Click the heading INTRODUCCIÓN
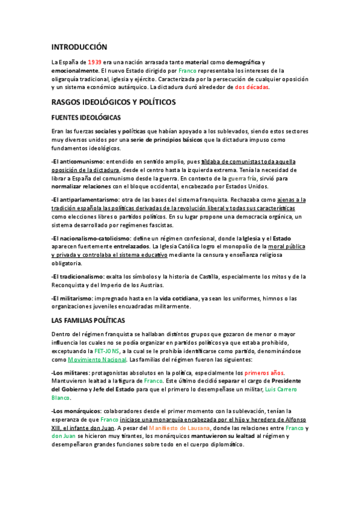[x=79, y=47]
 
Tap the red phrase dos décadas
[x=252, y=87]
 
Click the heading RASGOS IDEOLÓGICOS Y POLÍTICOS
[x=114, y=102]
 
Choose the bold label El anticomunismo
[x=78, y=162]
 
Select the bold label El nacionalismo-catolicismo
[x=95, y=238]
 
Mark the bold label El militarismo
[x=73, y=298]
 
